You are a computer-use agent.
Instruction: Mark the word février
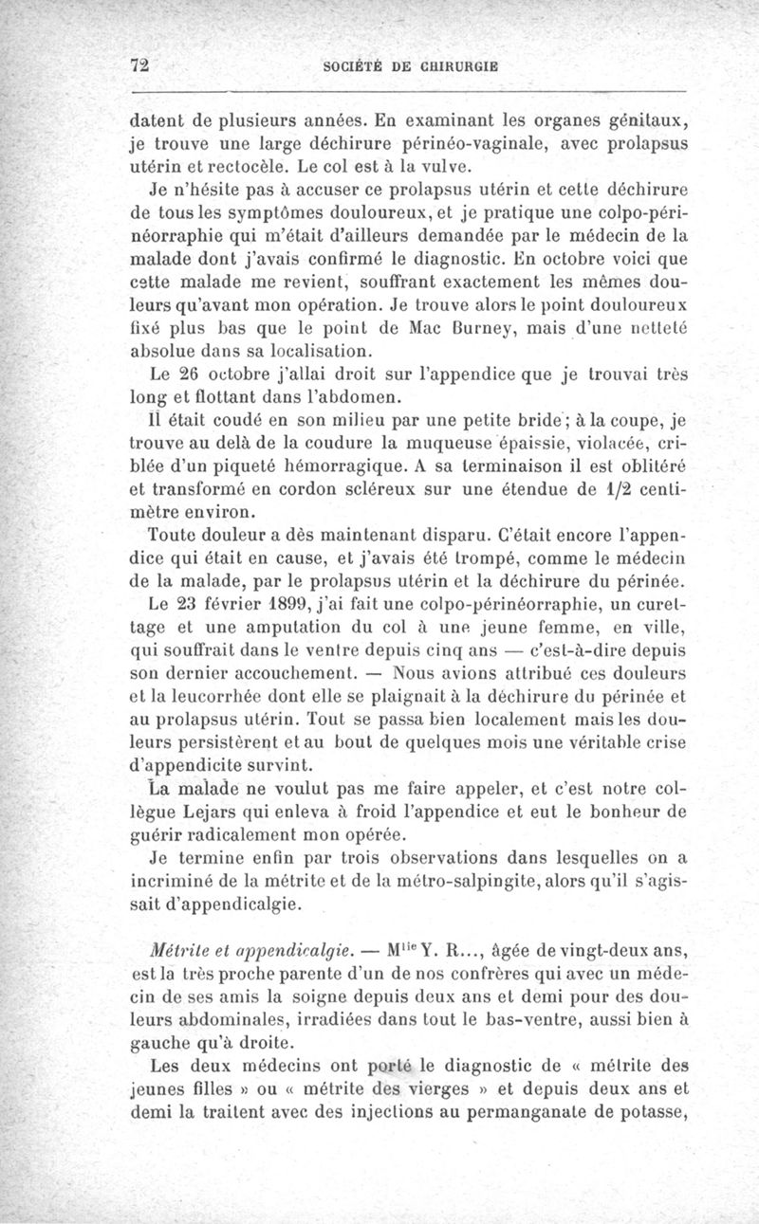[x=275, y=605]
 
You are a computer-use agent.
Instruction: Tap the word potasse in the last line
[x=651, y=1113]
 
